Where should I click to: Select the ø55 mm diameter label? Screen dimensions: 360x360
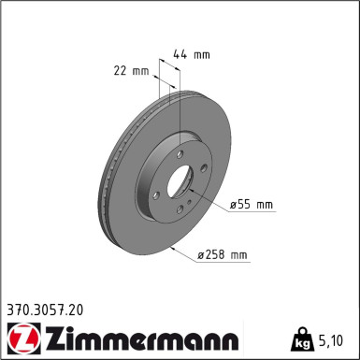pos(251,203)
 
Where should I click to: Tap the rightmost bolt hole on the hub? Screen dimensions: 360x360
pos(205,168)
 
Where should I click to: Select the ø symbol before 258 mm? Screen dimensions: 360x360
pos(200,254)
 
